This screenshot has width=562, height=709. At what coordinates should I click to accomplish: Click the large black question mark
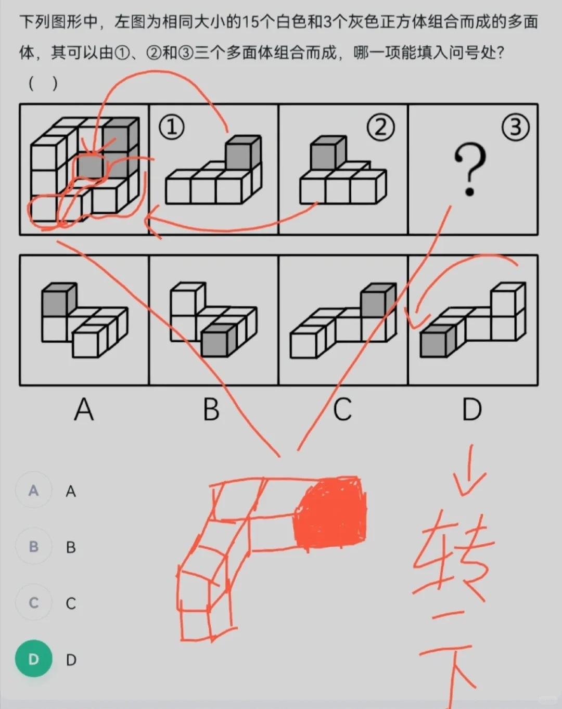470,169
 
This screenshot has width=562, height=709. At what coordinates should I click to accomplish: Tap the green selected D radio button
34,659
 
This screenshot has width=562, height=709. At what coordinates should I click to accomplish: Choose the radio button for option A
34,491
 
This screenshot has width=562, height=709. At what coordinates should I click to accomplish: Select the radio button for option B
34,547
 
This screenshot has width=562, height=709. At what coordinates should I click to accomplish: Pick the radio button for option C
34,603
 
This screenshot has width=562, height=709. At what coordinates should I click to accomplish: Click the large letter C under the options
342,409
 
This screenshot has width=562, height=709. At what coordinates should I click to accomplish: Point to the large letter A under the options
84,409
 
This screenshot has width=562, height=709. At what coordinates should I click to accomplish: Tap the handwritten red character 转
453,557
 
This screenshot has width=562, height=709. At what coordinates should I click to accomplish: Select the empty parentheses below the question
43,84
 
